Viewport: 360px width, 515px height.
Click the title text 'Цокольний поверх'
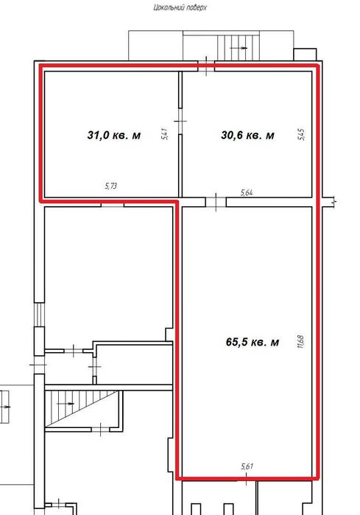(180, 7)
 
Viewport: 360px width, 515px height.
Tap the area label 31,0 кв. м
(114, 135)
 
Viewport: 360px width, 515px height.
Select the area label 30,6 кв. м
(247, 135)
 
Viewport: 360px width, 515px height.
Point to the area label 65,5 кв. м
(253, 342)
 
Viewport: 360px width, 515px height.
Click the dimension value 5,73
(111, 186)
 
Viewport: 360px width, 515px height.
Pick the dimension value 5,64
(247, 192)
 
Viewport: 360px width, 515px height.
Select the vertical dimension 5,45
(301, 134)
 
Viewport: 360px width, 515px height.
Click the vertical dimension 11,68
(300, 341)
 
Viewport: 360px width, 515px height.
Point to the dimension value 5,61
(247, 466)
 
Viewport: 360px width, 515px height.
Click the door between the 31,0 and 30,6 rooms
(180, 121)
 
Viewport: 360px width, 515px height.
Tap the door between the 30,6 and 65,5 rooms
(216, 202)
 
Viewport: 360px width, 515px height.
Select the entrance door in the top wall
(206, 66)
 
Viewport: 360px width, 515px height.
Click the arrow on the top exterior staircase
(239, 48)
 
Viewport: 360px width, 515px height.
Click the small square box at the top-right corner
(305, 55)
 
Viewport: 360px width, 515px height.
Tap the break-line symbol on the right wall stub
(333, 202)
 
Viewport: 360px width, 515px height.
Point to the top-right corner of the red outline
(317, 66)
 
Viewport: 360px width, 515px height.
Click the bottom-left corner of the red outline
(177, 478)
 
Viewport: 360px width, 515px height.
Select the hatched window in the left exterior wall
(39, 315)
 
